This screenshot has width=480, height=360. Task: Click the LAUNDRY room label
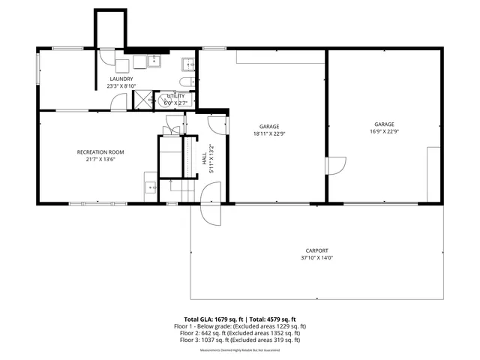click(121, 79)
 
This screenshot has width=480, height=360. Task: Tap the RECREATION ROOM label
click(100, 152)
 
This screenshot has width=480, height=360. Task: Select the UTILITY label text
click(175, 96)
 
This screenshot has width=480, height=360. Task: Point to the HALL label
click(205, 159)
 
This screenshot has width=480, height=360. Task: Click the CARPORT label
click(316, 250)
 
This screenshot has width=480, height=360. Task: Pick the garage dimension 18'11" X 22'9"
click(269, 133)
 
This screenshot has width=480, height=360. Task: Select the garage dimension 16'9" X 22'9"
click(384, 131)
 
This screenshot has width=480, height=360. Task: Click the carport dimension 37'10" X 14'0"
click(316, 258)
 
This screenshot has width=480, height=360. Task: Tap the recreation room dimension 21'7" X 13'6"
click(100, 160)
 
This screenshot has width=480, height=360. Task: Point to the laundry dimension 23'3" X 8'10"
click(121, 86)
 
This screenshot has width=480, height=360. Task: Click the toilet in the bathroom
click(187, 82)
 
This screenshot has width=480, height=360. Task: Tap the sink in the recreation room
click(150, 187)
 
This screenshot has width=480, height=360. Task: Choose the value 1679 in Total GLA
click(220, 319)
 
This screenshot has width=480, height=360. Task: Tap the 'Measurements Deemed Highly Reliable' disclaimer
click(240, 350)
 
